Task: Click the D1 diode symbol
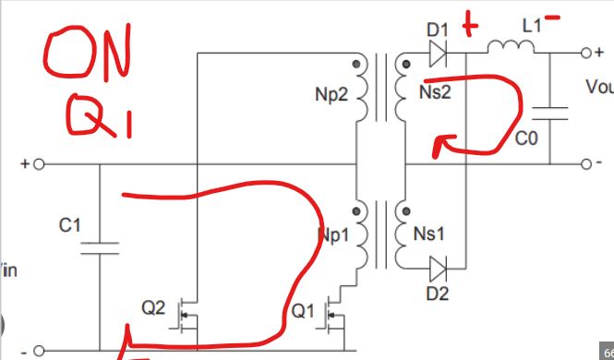coord(438,54)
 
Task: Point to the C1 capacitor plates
coord(99,246)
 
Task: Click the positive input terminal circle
coord(39,165)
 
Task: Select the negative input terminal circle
coord(39,351)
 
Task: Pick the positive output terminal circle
coord(584,54)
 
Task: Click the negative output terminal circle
coord(584,165)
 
